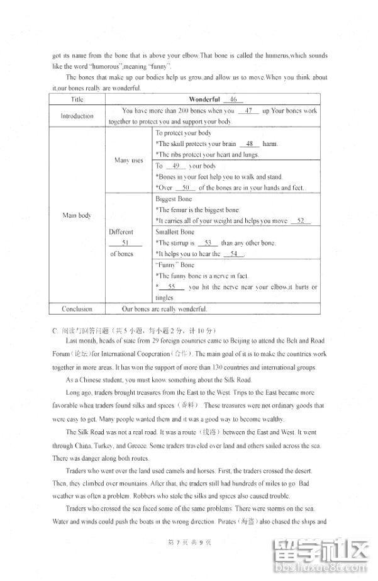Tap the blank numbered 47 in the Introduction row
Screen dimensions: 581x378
[x=251, y=111]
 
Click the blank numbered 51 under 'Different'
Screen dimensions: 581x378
[x=124, y=243]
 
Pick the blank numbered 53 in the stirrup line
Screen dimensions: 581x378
[x=207, y=243]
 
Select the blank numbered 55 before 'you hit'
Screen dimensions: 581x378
[x=171, y=287]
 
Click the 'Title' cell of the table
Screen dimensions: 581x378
[x=77, y=99]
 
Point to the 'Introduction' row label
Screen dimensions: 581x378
[x=77, y=116]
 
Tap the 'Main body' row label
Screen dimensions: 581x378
[x=77, y=215]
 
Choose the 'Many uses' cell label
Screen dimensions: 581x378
[x=128, y=160]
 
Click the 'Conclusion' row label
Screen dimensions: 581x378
[x=77, y=309]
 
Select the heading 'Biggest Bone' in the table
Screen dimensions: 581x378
[x=174, y=199]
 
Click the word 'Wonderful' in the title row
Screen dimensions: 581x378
[x=204, y=99]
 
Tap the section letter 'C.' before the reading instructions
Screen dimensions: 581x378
[x=55, y=330]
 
